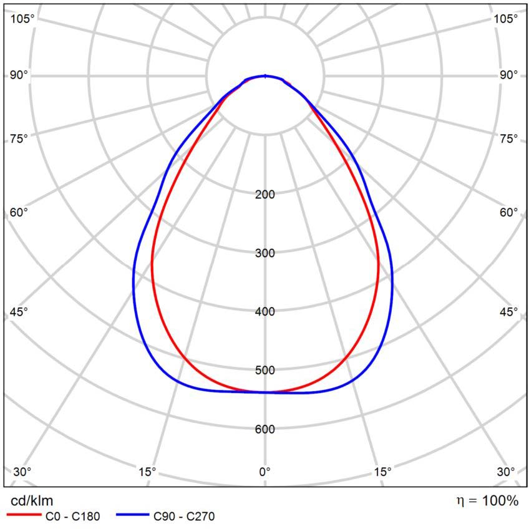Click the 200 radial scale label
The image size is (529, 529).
(x=265, y=195)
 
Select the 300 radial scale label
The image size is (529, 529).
(x=265, y=253)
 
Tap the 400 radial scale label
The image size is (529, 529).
(x=265, y=312)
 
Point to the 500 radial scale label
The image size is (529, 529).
(x=265, y=371)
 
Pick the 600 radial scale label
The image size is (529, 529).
(x=265, y=429)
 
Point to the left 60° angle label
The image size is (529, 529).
(x=19, y=213)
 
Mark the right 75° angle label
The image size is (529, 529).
(x=507, y=138)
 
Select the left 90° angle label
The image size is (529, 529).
(x=19, y=75)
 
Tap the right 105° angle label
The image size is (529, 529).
(x=505, y=19)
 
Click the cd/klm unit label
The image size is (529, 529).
(x=32, y=500)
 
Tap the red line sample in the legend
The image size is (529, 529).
(x=22, y=516)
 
